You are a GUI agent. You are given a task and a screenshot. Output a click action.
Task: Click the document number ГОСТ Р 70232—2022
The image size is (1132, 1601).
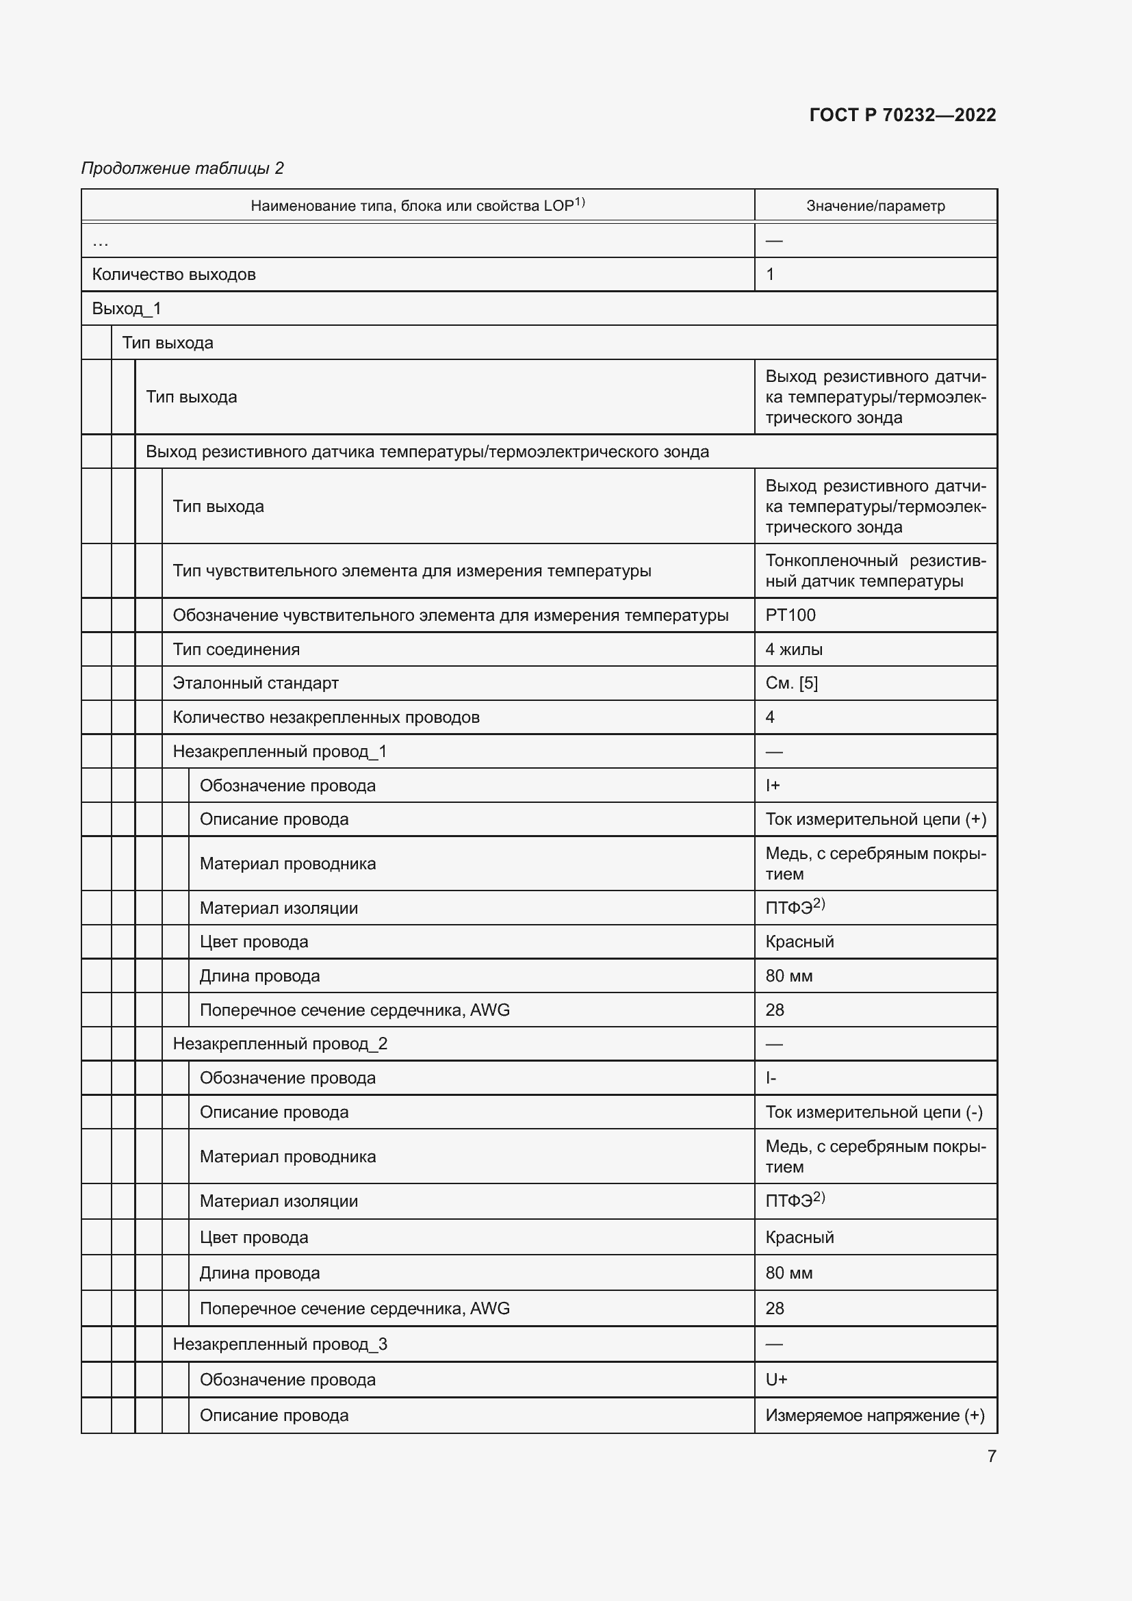click(x=903, y=115)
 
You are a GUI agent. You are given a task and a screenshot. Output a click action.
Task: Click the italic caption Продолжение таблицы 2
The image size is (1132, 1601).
click(x=183, y=168)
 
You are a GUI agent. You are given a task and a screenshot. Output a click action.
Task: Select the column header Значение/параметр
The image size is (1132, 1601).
click(x=875, y=206)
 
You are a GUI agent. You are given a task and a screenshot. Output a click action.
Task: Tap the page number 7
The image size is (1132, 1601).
click(x=991, y=1456)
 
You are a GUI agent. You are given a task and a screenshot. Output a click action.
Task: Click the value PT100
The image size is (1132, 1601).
click(x=790, y=615)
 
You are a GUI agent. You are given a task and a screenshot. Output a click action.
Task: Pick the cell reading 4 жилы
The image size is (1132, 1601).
click(x=794, y=649)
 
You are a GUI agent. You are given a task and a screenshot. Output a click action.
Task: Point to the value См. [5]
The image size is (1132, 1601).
click(x=792, y=683)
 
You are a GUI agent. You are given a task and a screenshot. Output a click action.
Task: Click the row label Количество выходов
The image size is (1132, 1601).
click(x=174, y=274)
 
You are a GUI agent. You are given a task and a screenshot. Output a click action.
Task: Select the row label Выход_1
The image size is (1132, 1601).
click(x=126, y=308)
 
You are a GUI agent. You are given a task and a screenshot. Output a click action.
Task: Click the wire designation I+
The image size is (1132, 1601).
click(x=772, y=785)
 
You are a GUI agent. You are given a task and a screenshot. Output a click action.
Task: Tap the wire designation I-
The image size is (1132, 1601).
click(x=771, y=1078)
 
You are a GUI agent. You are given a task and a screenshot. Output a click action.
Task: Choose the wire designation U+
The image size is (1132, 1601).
click(x=776, y=1379)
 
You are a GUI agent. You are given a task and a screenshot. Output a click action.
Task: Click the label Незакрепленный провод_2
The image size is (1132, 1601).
click(x=279, y=1044)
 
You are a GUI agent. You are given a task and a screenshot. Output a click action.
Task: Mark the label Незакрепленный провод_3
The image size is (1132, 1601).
click(x=279, y=1344)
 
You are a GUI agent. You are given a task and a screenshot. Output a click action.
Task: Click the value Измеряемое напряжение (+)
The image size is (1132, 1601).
click(x=875, y=1415)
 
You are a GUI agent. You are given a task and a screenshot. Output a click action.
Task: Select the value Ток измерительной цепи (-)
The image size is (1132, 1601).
click(x=874, y=1112)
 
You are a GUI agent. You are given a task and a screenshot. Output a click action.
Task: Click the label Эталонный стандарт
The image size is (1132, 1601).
click(x=255, y=683)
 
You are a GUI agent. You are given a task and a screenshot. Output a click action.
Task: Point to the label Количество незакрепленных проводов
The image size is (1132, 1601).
click(x=326, y=717)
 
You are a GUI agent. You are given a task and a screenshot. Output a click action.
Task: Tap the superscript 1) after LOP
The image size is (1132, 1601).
click(x=580, y=202)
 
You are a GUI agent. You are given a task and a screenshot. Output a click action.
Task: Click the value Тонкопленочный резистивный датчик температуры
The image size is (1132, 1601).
click(x=875, y=570)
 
